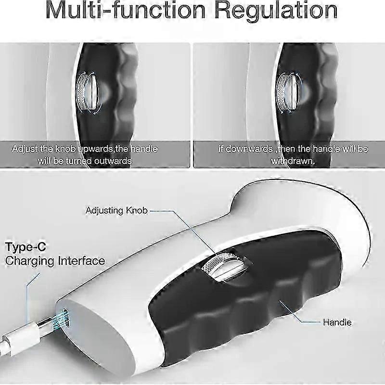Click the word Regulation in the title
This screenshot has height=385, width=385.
276,11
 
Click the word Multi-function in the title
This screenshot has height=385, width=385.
126,10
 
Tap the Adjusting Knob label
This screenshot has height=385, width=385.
116,210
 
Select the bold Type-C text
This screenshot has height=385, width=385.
26,247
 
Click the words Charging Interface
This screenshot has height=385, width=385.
55,261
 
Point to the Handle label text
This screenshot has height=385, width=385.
337,322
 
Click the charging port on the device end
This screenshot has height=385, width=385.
64,318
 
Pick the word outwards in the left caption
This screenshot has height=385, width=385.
113,161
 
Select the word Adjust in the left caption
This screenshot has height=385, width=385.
24,149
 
